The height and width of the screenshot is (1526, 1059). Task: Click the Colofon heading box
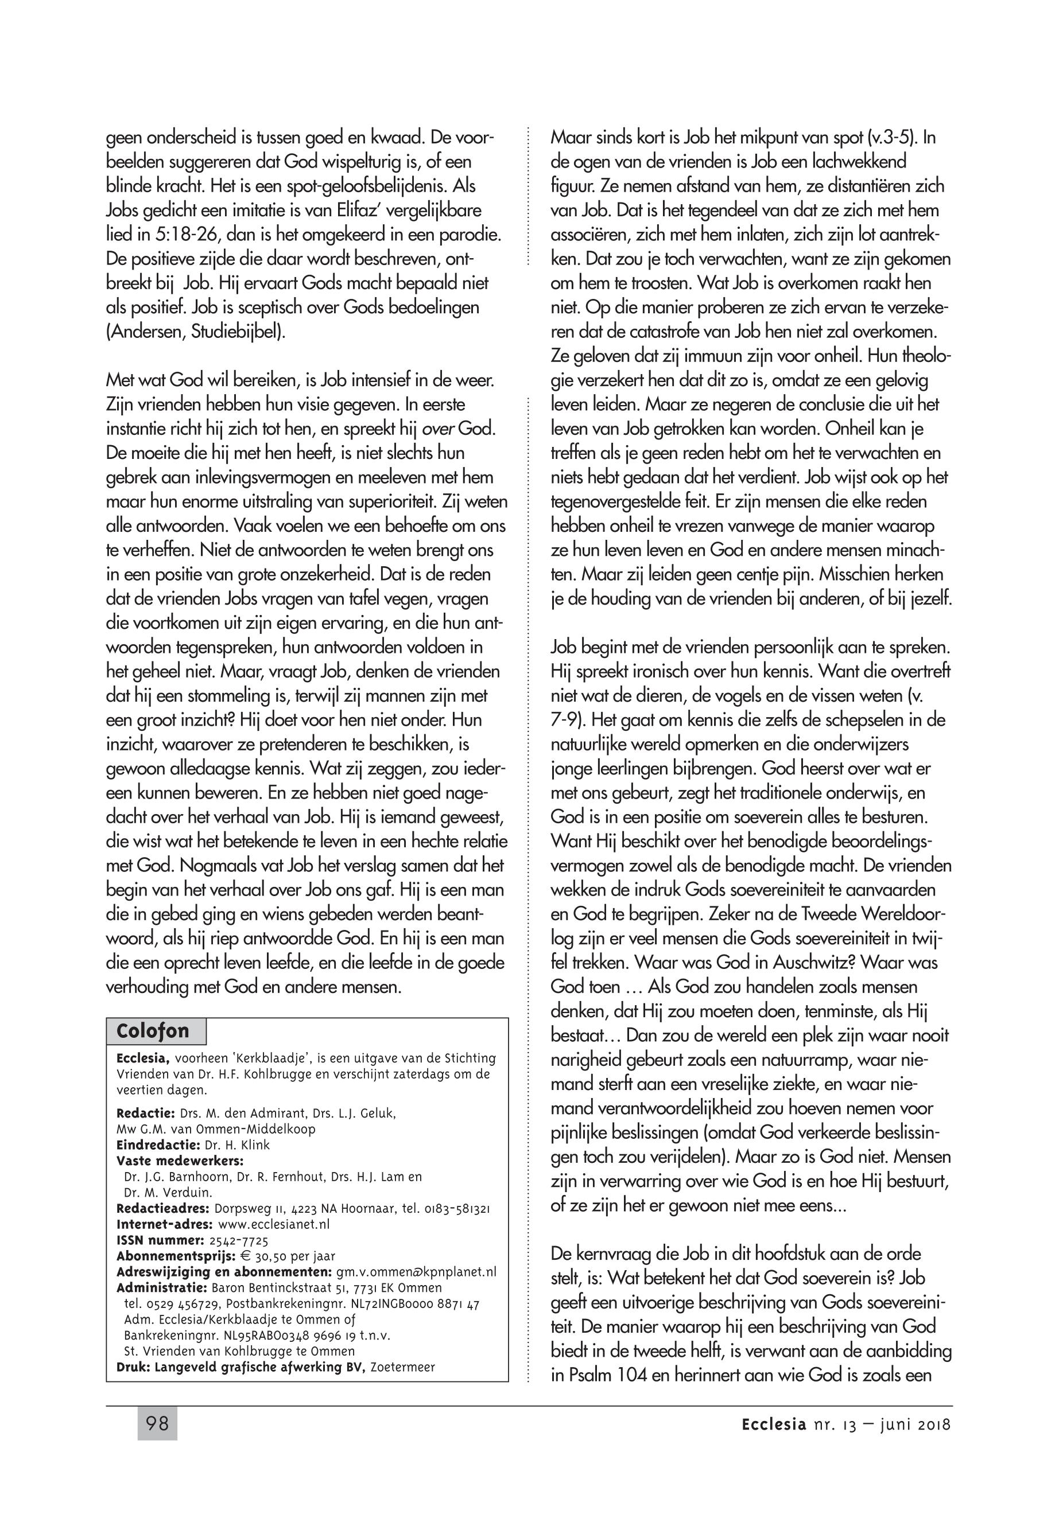(156, 1031)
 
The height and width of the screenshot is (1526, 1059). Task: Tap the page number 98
(157, 1424)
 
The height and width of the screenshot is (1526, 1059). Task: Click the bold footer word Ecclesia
(774, 1424)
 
